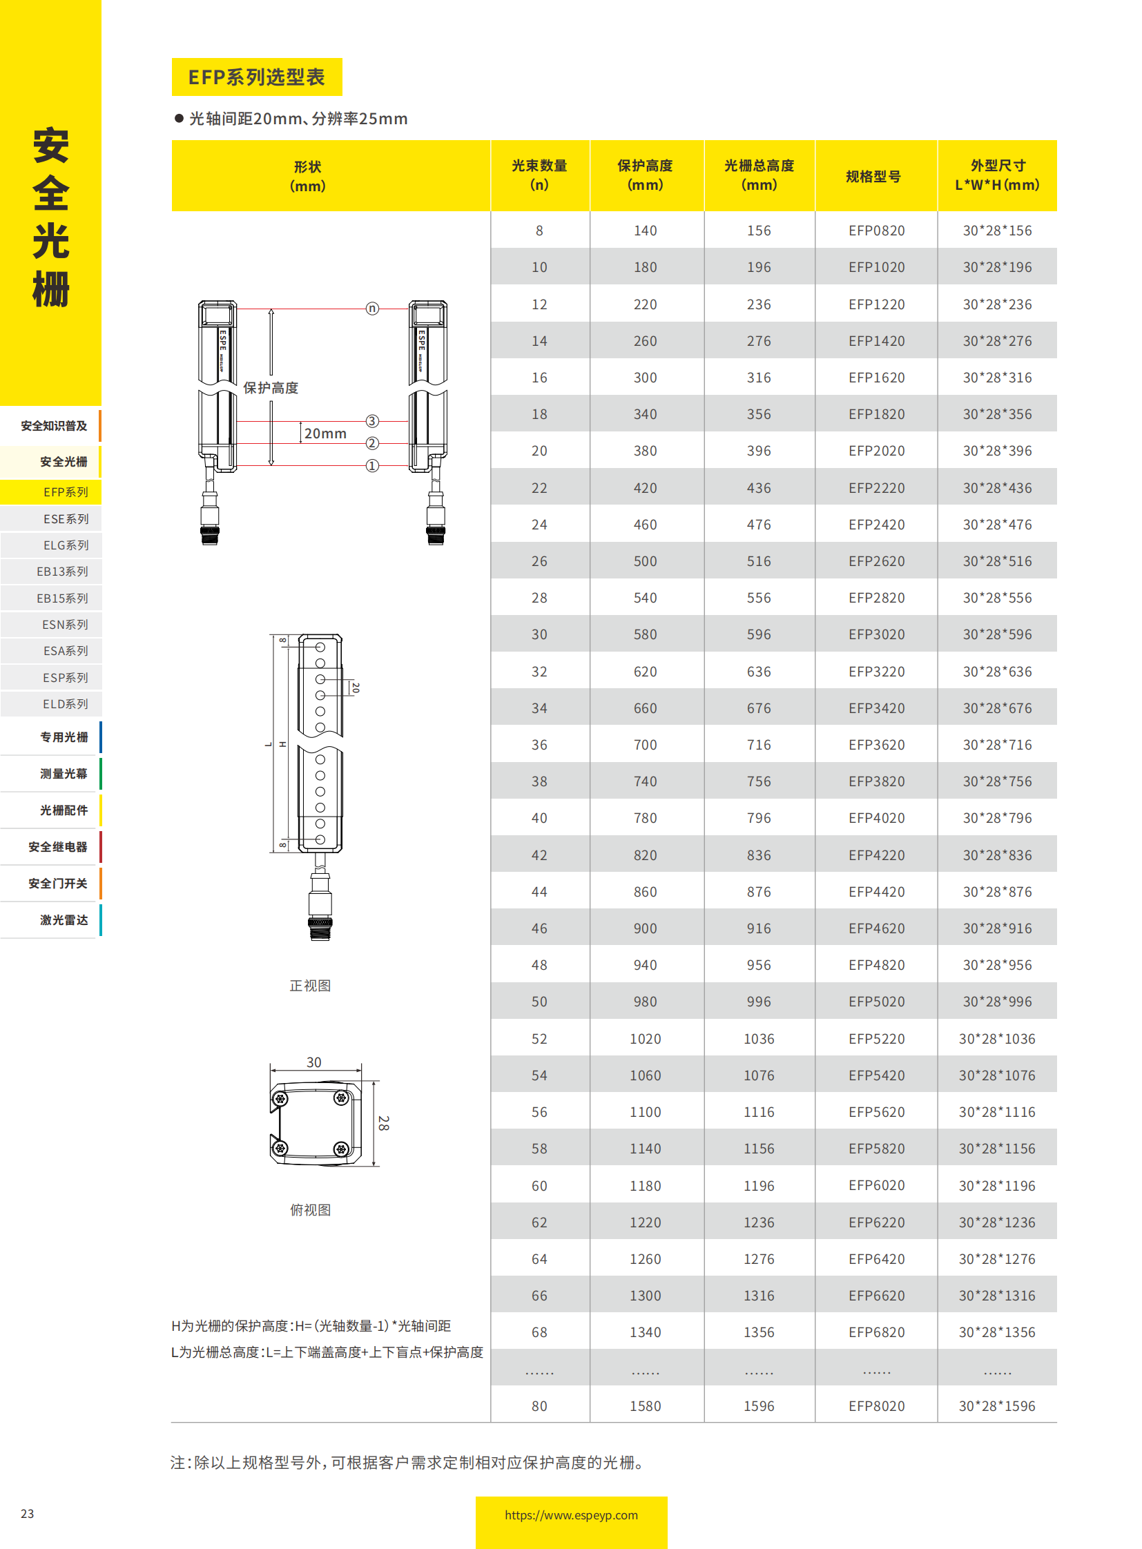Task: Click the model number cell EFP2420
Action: [876, 525]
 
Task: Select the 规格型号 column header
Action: [873, 176]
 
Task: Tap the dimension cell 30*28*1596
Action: [996, 1406]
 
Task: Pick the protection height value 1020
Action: [645, 1039]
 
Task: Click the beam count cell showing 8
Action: [539, 231]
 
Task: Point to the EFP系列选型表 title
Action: [256, 77]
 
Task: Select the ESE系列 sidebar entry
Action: [66, 519]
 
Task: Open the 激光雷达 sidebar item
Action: [63, 920]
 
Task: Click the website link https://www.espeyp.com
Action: [571, 1515]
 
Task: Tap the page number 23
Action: [27, 1514]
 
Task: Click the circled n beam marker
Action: [372, 309]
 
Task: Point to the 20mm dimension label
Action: [325, 433]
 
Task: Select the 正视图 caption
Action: [310, 986]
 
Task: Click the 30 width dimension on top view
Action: [314, 1062]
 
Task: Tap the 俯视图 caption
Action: [310, 1209]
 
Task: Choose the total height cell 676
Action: [758, 708]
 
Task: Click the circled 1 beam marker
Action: [372, 466]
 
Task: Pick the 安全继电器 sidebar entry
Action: [57, 847]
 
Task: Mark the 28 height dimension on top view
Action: [384, 1123]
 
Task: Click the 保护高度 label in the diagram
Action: [270, 388]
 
